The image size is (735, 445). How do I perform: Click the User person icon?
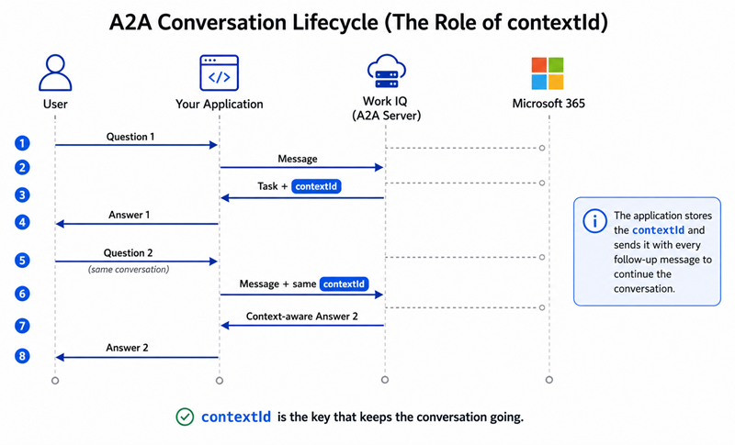click(55, 72)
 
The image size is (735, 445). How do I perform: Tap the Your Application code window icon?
click(219, 72)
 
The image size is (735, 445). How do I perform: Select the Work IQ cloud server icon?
click(386, 72)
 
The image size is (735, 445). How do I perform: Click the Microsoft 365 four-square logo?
click(548, 73)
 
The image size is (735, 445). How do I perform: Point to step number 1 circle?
click(22, 143)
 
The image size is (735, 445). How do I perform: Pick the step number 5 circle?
click(22, 261)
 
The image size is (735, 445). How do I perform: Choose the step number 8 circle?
click(22, 356)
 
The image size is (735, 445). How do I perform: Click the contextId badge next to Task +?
click(316, 186)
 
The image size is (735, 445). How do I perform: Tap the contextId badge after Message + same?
click(344, 284)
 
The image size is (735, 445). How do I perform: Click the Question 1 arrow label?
click(130, 137)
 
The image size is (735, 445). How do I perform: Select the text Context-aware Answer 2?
click(302, 317)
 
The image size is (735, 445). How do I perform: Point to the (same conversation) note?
click(129, 270)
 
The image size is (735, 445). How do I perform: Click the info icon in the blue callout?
click(594, 220)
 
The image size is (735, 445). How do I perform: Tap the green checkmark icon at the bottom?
click(185, 417)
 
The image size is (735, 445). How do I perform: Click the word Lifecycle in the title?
click(334, 22)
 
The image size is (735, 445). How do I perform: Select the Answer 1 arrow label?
click(129, 215)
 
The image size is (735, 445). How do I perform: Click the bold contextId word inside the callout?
click(658, 230)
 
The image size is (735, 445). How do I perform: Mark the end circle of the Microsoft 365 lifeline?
click(548, 380)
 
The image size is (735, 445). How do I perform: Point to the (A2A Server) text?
click(386, 116)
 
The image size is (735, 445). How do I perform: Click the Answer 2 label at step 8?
click(127, 348)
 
